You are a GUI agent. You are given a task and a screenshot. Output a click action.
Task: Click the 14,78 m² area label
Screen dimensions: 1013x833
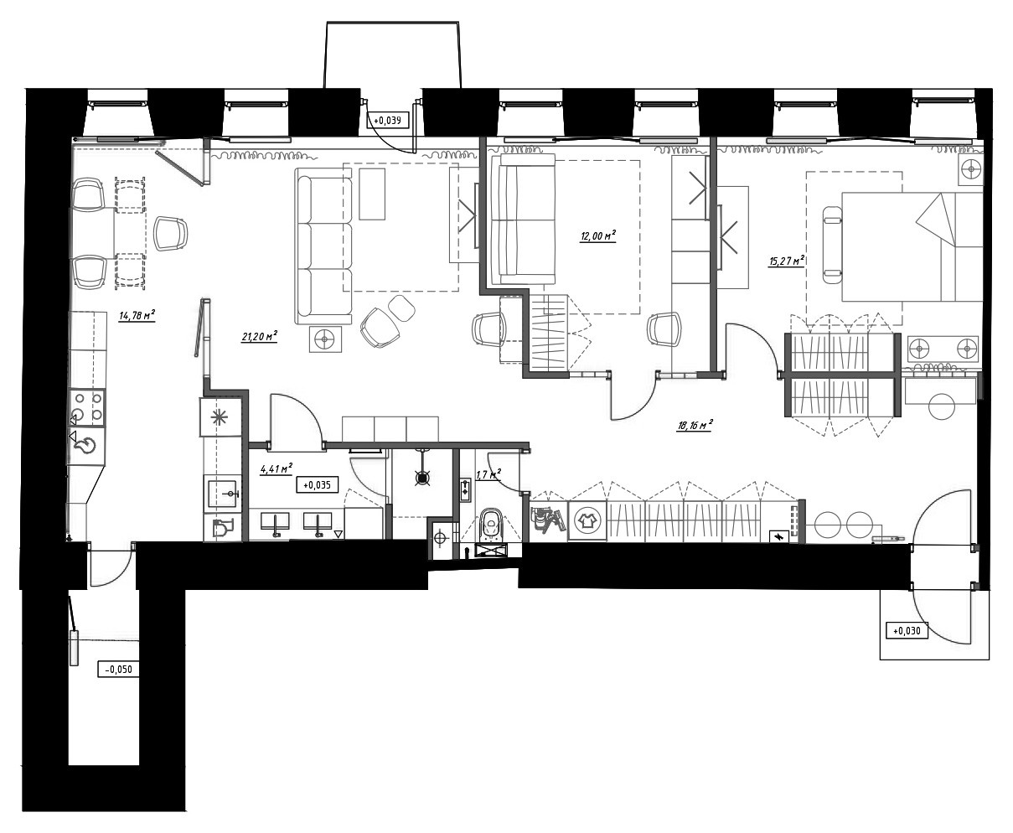click(x=137, y=316)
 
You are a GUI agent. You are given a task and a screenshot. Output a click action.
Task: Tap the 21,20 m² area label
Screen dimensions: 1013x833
click(x=260, y=336)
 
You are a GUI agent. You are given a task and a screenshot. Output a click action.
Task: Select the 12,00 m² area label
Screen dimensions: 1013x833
click(x=598, y=235)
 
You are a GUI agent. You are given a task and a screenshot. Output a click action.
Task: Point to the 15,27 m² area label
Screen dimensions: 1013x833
click(x=787, y=261)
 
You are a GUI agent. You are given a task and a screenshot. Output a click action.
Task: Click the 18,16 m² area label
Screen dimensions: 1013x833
click(x=695, y=425)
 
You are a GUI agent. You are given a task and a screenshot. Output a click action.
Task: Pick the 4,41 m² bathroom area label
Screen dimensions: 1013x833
click(x=277, y=468)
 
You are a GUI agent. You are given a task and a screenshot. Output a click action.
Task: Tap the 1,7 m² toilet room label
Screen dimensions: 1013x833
click(x=488, y=474)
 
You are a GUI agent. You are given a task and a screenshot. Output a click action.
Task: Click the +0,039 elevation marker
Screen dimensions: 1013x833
click(x=387, y=120)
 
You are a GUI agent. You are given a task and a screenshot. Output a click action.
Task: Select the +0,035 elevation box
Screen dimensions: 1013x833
click(x=317, y=484)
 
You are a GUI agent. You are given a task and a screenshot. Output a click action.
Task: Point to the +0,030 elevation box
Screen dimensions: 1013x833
click(x=907, y=630)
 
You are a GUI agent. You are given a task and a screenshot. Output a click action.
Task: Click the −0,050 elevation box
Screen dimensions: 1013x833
click(x=118, y=669)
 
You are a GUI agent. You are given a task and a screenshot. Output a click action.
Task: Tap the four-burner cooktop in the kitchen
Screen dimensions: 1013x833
click(x=88, y=407)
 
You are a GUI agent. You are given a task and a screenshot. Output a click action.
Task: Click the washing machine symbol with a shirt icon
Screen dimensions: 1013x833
click(x=587, y=520)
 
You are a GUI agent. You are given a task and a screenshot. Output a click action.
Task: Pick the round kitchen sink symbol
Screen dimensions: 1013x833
click(x=87, y=444)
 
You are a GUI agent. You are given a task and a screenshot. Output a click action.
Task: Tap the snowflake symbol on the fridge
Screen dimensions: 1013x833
click(x=220, y=417)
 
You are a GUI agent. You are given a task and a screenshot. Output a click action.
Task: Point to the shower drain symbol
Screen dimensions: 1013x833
click(x=422, y=478)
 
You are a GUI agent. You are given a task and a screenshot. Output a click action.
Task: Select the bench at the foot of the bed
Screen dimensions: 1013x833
click(x=832, y=245)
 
